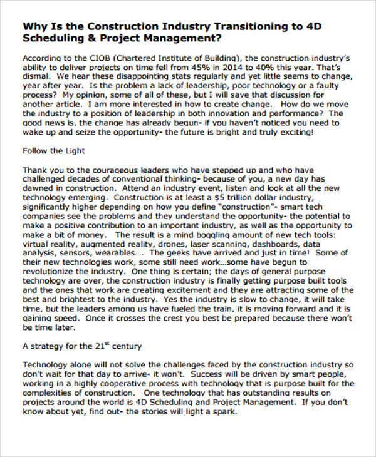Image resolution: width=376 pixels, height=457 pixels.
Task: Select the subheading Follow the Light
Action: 53,151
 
